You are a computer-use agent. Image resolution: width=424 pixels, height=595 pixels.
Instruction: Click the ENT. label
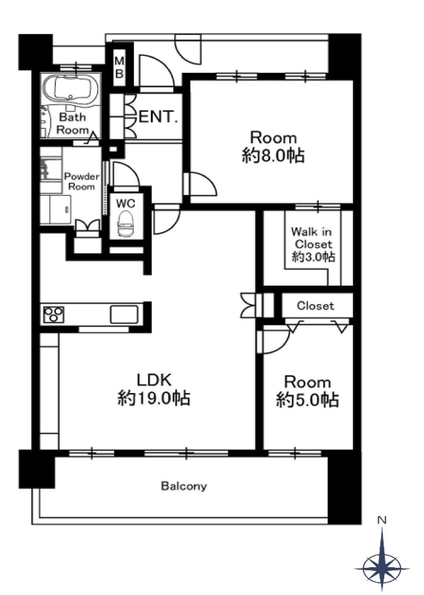pos(158,117)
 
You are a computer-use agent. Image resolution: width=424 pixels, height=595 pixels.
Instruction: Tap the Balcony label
pos(184,486)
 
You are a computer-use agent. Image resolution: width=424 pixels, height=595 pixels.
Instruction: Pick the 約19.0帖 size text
pos(154,398)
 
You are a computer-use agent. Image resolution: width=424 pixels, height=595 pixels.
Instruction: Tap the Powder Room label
pos(81,181)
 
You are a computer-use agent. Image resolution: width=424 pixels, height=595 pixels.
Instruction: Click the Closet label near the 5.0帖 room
pos(315,306)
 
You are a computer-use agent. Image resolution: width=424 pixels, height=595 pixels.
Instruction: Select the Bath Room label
pos(73,123)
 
